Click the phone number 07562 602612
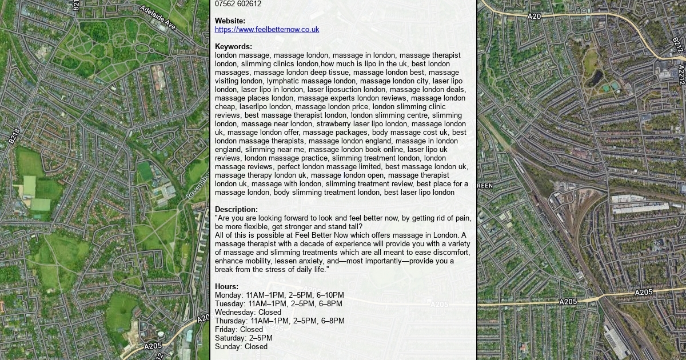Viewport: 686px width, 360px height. click(238, 4)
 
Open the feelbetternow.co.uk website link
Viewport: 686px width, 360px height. click(267, 30)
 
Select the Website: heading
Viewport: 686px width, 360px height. click(230, 21)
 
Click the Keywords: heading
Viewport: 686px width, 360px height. click(233, 47)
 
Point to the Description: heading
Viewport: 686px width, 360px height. click(236, 210)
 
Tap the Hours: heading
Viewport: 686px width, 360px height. click(226, 287)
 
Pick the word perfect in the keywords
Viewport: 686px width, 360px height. click(289, 167)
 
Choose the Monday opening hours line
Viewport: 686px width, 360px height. click(280, 295)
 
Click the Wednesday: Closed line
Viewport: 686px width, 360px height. click(248, 313)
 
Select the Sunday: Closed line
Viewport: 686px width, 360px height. click(241, 347)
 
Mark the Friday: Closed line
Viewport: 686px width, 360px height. click(239, 330)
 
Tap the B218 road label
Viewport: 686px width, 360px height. click(14, 136)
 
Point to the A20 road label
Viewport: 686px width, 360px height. click(534, 17)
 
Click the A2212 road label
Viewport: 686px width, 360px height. click(681, 74)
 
